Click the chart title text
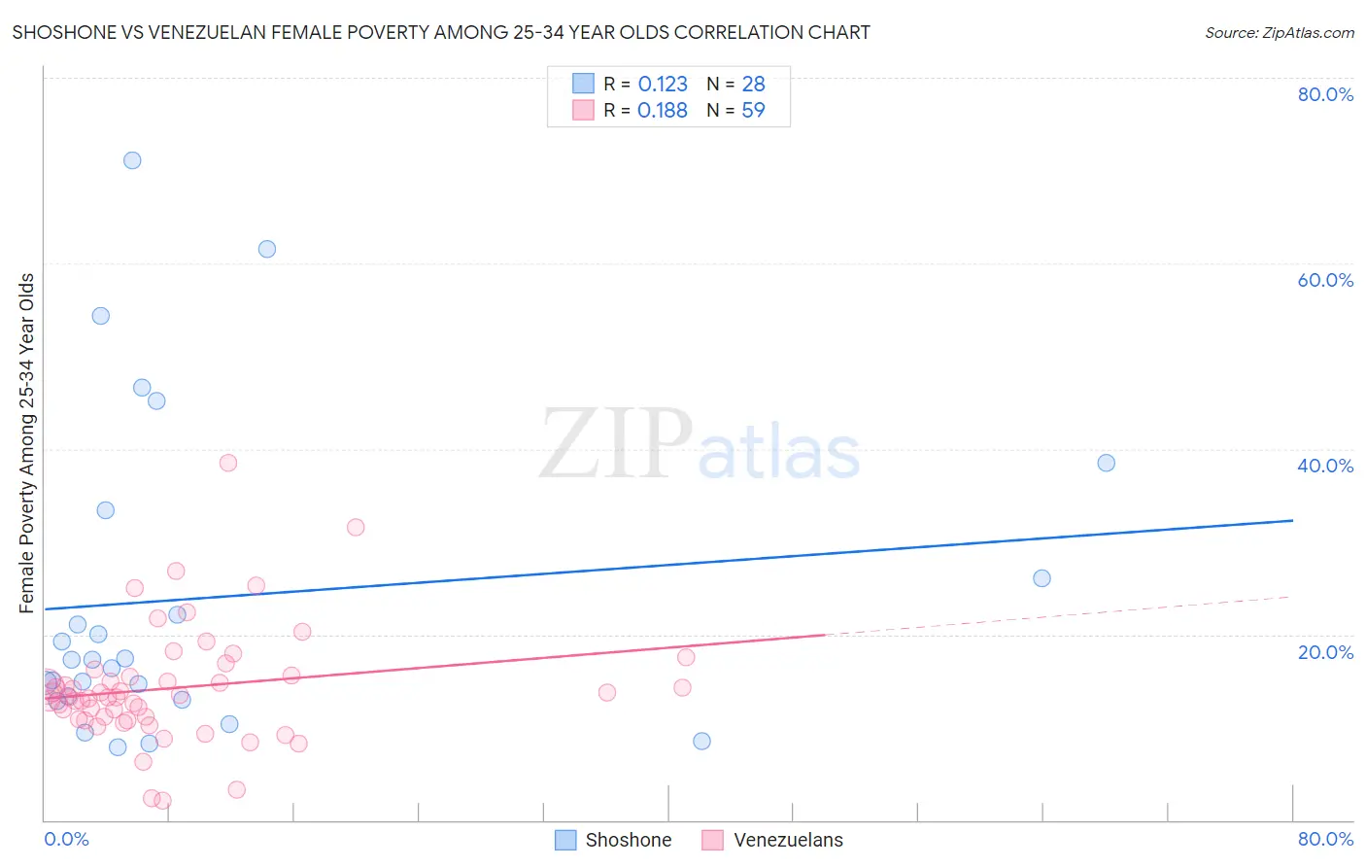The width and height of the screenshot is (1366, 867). tap(441, 32)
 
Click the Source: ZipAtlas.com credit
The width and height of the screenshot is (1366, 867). tap(1279, 32)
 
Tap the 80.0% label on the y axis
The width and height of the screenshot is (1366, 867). tap(1325, 94)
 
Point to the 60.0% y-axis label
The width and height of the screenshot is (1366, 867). tap(1325, 280)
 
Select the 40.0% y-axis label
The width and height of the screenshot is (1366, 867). tap(1325, 466)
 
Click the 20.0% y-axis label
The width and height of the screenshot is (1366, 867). tap(1325, 651)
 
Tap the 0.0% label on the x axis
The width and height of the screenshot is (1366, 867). tap(66, 839)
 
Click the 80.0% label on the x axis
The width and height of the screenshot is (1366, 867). tap(1325, 839)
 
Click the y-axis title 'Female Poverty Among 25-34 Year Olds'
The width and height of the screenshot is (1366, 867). tap(27, 443)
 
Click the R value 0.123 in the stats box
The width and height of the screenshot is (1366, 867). tap(663, 85)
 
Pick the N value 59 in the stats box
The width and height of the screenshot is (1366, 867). tap(753, 111)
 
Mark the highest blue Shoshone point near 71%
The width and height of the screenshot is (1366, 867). tap(132, 160)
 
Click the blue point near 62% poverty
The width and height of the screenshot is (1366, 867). tap(267, 249)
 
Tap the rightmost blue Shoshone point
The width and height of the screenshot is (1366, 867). tap(1106, 463)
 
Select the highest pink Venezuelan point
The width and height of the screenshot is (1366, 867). tap(228, 463)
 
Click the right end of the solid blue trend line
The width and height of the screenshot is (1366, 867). tap(1292, 521)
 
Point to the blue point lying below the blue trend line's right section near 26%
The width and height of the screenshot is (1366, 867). tap(1042, 578)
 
